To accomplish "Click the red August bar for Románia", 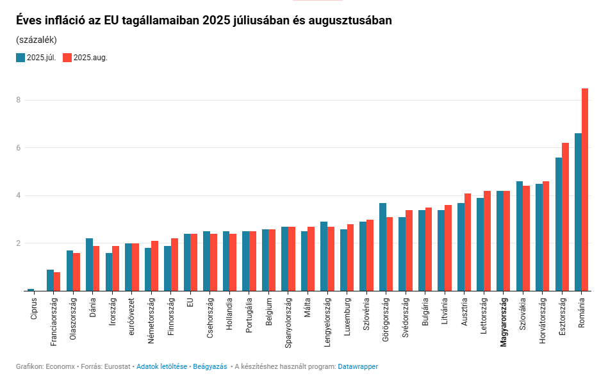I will click(584, 190).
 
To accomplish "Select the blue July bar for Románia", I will click(577, 212).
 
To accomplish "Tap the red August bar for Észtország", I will click(565, 217).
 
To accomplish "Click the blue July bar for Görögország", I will click(382, 247).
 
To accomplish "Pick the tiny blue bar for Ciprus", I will click(31, 290).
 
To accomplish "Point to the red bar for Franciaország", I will click(57, 281).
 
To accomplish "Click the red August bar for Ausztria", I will click(468, 242).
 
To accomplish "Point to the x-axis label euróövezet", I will click(132, 316).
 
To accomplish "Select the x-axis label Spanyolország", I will click(288, 321).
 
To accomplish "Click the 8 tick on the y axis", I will click(19, 100).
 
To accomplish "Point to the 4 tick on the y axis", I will click(19, 195).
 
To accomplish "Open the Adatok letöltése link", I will click(161, 366).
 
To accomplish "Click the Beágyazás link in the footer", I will click(210, 366).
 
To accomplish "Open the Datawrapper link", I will click(357, 366).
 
